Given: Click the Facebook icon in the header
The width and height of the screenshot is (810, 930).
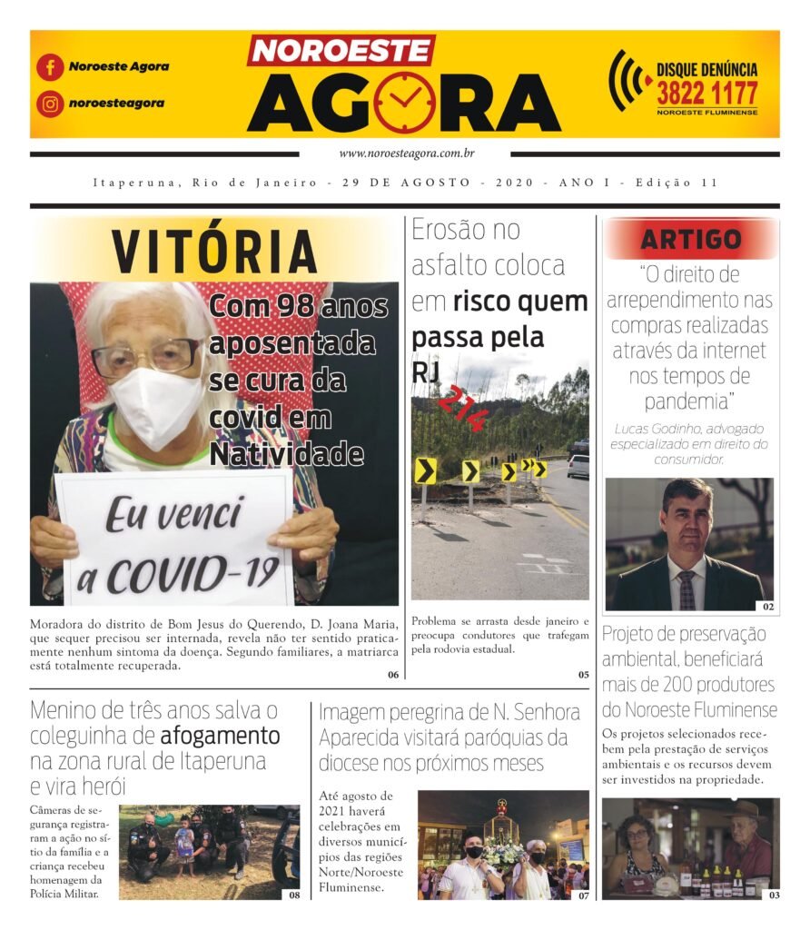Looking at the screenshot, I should point(50,67).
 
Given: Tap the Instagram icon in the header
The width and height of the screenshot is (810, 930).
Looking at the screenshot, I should point(50,104).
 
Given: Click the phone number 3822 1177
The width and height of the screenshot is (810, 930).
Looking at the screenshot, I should point(706,94).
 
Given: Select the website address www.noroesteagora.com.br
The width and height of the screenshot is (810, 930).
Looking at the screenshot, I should point(406,154).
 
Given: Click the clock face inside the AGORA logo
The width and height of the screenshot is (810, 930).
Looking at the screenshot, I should point(404,101).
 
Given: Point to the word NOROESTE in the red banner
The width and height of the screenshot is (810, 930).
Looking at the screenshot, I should point(341,50).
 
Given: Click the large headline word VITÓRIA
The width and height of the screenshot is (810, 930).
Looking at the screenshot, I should point(214,252).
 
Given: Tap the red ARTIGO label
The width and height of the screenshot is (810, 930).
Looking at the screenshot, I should point(691,240).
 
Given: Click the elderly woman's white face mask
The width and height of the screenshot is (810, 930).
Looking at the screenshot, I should point(155,406).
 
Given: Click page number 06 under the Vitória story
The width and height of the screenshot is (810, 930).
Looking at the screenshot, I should point(392,675).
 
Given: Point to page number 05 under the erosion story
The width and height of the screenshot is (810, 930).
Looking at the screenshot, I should point(582,675).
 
